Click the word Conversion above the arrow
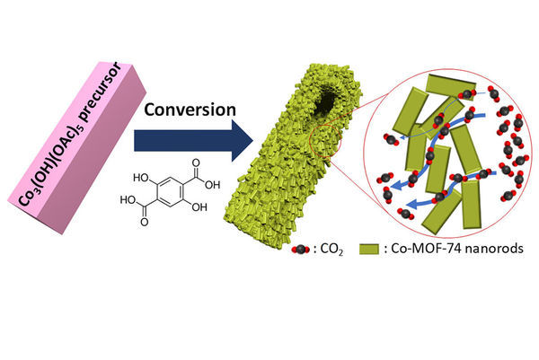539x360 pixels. pyautogui.click(x=190, y=110)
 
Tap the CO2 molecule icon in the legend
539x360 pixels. pyautogui.click(x=298, y=246)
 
